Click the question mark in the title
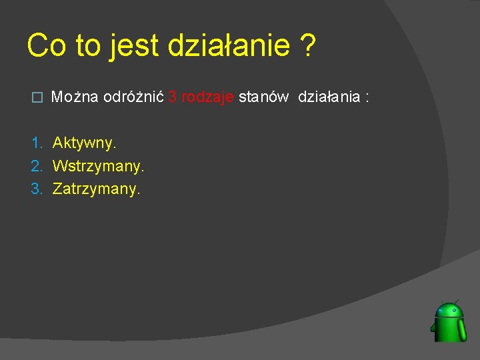(307, 46)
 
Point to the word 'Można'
(75, 97)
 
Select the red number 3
(172, 97)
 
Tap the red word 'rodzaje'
(207, 97)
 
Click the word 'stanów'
(263, 97)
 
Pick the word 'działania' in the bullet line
(329, 97)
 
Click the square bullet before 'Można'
(37, 98)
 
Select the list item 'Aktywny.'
(84, 143)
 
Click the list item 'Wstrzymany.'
(98, 165)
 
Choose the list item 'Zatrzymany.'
(97, 189)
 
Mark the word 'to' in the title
(87, 46)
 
